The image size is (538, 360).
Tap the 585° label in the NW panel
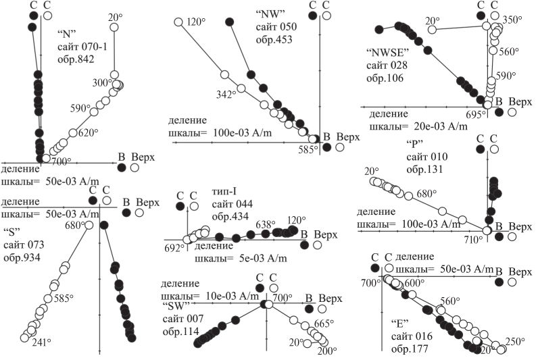click(x=307, y=149)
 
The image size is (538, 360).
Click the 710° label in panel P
click(x=474, y=240)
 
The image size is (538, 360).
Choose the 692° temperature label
click(x=174, y=248)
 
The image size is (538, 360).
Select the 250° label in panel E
click(x=516, y=342)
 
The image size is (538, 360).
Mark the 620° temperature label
click(x=88, y=133)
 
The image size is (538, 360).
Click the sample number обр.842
click(x=74, y=59)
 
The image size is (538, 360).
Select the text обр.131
click(x=423, y=170)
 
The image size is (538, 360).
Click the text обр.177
click(x=408, y=349)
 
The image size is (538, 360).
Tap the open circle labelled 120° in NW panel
click(x=179, y=22)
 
